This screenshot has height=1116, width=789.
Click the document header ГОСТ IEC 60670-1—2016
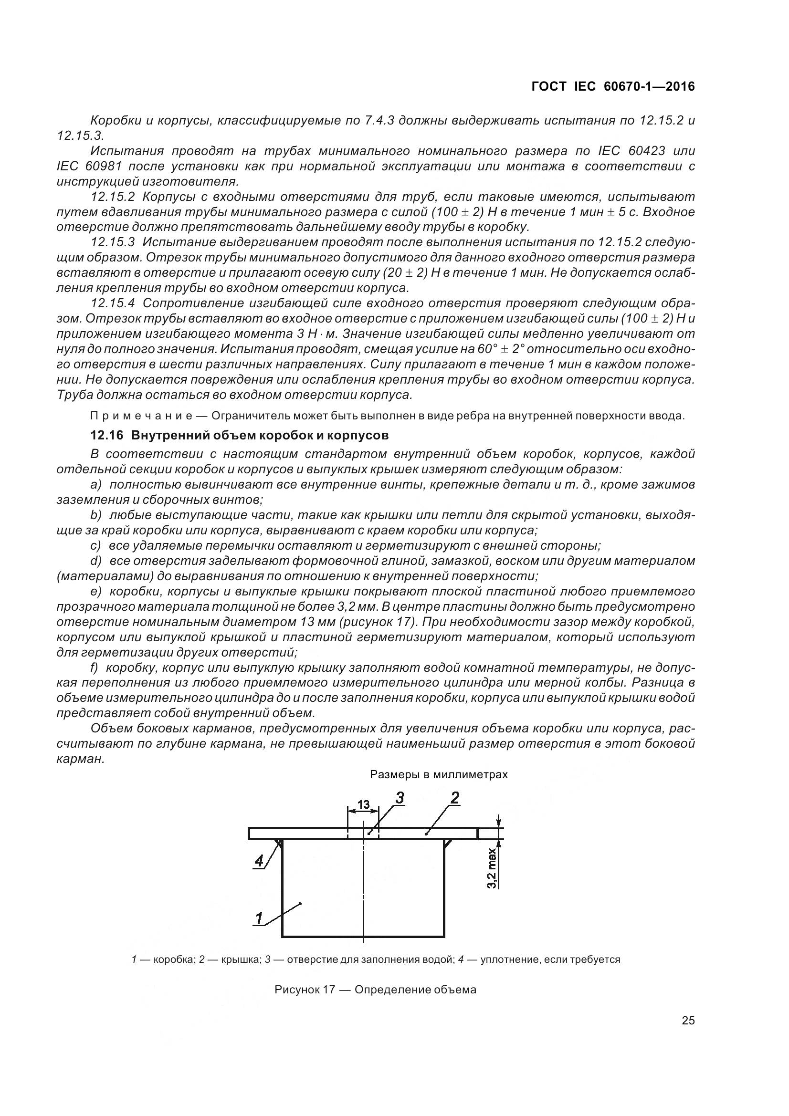click(613, 86)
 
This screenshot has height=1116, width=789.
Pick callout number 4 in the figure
click(259, 861)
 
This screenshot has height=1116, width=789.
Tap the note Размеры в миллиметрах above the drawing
click(439, 775)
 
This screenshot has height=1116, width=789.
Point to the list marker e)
click(96, 592)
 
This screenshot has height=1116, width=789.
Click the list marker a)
click(96, 485)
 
